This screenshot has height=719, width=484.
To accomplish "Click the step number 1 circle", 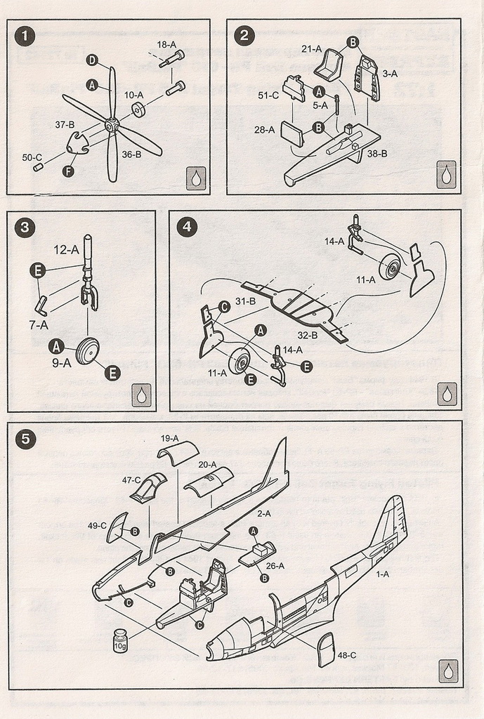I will (x=25, y=36).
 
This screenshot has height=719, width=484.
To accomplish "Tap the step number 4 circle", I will (x=186, y=227).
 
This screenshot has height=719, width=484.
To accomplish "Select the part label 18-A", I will (x=166, y=44).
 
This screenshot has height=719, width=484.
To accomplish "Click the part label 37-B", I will (x=65, y=124).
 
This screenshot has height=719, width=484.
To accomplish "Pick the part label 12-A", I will (x=66, y=249).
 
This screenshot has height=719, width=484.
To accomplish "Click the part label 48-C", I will (x=348, y=655).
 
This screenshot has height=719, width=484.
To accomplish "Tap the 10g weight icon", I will (x=121, y=640).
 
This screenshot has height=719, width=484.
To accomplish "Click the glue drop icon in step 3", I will (x=141, y=395).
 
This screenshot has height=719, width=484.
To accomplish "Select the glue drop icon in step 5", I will (x=447, y=671).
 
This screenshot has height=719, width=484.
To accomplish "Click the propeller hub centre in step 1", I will (x=112, y=125).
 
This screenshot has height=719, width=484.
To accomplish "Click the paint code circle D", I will (x=93, y=60).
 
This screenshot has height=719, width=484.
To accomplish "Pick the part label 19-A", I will (x=169, y=438).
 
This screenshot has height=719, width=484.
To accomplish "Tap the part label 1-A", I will (x=383, y=574).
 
